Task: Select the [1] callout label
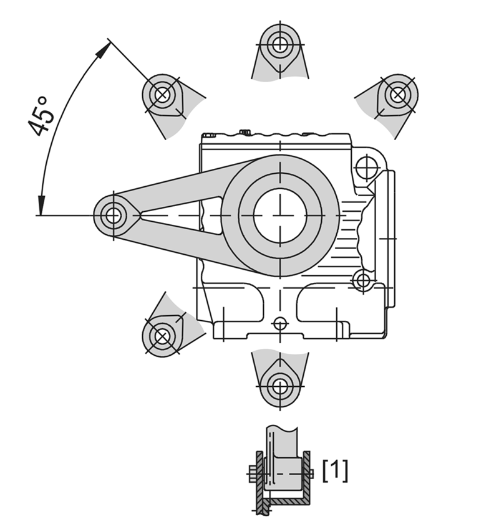tap(335, 470)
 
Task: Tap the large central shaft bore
tap(280, 215)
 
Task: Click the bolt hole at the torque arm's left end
tap(113, 216)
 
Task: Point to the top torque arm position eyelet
tap(280, 45)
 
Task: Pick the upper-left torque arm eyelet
tap(163, 95)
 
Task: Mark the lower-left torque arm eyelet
tap(163, 336)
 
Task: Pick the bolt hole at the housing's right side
tap(362, 281)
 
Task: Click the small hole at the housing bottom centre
tap(280, 323)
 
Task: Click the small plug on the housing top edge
tap(245, 131)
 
